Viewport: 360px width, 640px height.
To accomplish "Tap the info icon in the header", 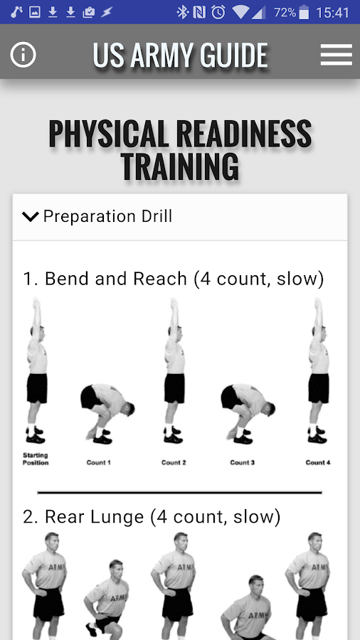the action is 23,55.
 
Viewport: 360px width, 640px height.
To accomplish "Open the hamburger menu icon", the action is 337,55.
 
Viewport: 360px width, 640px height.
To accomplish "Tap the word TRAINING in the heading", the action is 180,166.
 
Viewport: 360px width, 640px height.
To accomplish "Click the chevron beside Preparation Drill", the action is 31,216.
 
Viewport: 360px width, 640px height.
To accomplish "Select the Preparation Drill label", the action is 107,216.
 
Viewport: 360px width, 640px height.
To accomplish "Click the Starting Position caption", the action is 36,459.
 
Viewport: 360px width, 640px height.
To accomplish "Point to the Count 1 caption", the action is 98,462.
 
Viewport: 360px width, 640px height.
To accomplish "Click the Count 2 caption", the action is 174,462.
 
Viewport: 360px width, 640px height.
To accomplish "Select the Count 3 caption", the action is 243,462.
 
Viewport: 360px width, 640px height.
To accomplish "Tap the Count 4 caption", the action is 318,462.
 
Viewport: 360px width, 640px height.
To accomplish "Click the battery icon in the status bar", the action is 304,12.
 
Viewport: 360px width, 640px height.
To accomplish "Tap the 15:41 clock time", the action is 333,12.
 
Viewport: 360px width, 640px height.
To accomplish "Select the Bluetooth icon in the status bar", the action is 182,12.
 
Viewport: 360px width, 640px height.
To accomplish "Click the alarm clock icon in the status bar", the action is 218,12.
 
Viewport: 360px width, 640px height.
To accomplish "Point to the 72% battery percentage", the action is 285,12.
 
